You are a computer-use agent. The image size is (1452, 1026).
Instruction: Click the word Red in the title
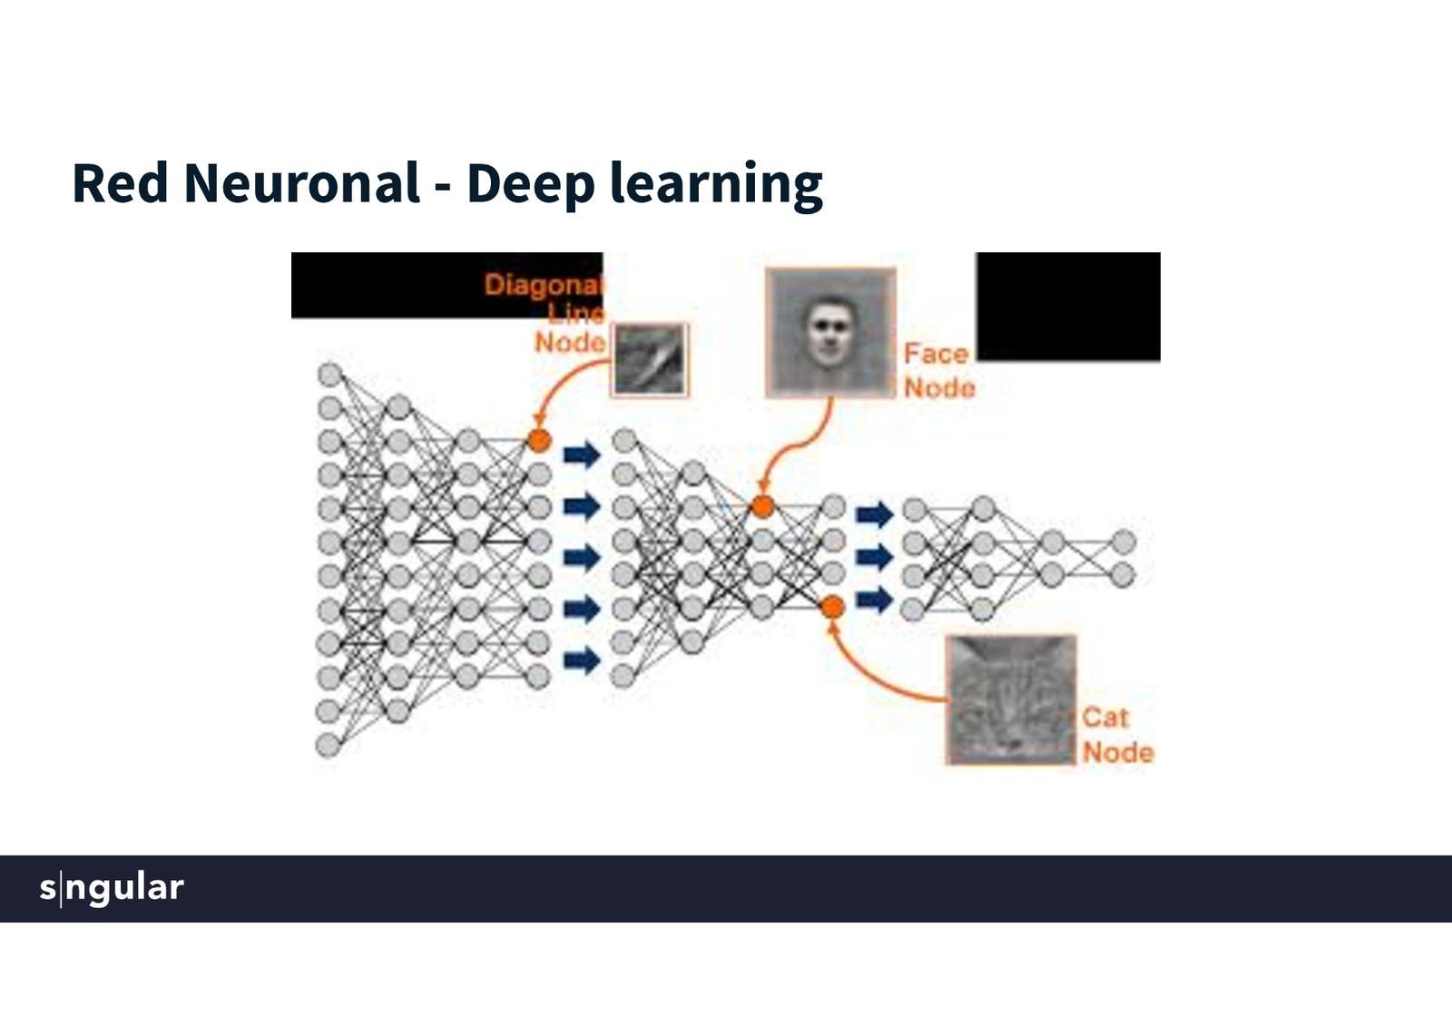click(120, 183)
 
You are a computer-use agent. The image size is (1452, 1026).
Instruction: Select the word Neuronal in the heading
click(301, 183)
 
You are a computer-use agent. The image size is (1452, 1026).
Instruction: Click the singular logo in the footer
click(112, 887)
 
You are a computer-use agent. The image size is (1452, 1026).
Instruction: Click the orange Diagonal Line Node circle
click(540, 441)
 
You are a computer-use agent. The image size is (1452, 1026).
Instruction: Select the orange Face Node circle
click(762, 507)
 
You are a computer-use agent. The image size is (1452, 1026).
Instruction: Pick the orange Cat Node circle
click(832, 608)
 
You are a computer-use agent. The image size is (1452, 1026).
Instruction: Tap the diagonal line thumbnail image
click(651, 360)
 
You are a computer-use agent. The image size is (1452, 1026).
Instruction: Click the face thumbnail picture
click(830, 332)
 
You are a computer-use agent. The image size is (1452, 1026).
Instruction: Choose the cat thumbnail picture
click(1011, 699)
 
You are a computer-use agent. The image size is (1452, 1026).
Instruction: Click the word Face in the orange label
click(936, 354)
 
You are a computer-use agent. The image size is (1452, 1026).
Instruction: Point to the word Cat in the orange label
click(1105, 718)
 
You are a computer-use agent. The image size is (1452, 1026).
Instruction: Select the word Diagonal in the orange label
click(542, 285)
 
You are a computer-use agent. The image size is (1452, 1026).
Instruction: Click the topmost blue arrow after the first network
click(582, 454)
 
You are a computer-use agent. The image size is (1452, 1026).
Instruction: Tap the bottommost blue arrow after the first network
click(582, 660)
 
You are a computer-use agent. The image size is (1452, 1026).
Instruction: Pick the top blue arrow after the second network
click(875, 515)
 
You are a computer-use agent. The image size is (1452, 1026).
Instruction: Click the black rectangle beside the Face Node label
click(1068, 307)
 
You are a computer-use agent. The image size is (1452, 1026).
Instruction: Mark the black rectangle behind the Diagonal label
click(390, 285)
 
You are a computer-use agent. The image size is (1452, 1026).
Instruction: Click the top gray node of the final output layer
click(1123, 542)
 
